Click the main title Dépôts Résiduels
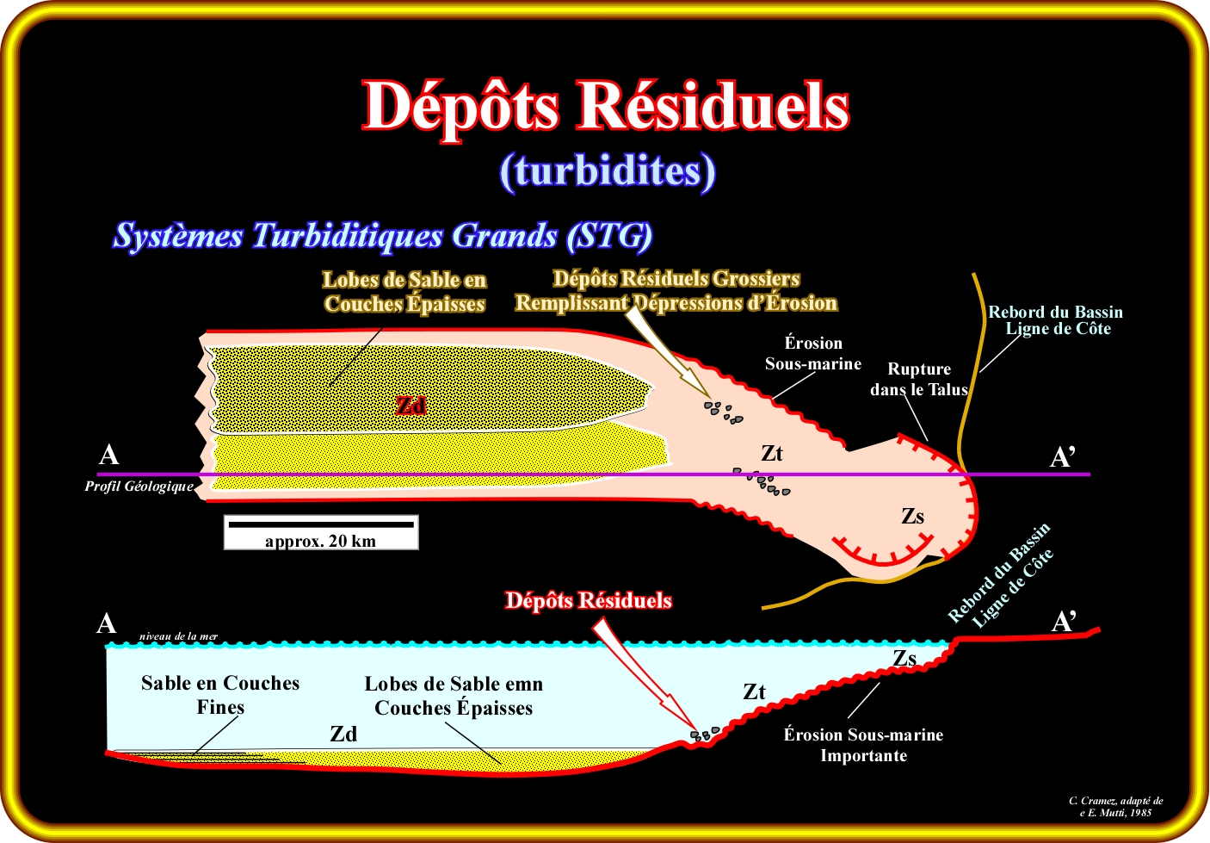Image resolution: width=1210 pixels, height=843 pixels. click(x=606, y=106)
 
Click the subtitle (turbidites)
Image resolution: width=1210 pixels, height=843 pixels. click(x=607, y=171)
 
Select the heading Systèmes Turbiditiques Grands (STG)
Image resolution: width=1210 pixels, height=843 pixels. click(x=383, y=236)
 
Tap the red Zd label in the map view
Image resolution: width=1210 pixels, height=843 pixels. click(x=411, y=406)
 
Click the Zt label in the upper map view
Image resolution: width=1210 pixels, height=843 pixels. click(x=772, y=454)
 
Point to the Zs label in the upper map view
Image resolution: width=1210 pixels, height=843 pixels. click(x=912, y=517)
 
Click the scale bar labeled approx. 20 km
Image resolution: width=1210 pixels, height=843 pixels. click(x=320, y=532)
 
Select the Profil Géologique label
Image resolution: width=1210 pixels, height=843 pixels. click(x=139, y=487)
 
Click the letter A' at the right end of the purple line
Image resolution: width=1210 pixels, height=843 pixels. click(x=1063, y=457)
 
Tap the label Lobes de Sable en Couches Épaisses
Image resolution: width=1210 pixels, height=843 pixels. click(x=404, y=292)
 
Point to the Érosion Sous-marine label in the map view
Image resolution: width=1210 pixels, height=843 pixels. click(x=813, y=353)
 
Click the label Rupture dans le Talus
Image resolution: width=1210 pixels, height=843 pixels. click(x=918, y=379)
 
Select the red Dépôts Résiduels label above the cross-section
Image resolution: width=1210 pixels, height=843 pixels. click(x=588, y=600)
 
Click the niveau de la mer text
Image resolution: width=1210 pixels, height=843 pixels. click(x=178, y=636)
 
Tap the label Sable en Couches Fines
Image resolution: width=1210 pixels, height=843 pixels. click(x=220, y=695)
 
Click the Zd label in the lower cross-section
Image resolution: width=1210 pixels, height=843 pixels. click(x=343, y=734)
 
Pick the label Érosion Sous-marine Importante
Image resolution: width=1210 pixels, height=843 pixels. click(x=863, y=745)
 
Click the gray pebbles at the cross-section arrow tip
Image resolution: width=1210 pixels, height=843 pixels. click(x=705, y=735)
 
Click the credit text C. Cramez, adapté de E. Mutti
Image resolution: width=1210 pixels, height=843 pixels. click(x=1115, y=806)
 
